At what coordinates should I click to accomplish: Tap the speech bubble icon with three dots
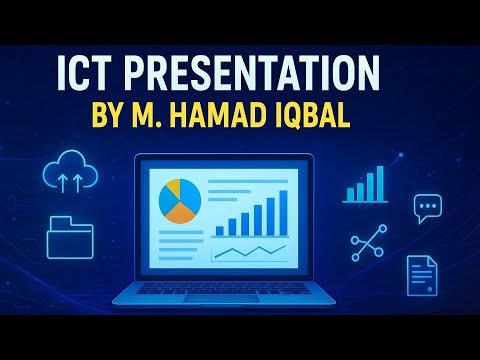[427, 207]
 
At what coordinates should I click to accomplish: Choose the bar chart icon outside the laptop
[365, 186]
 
